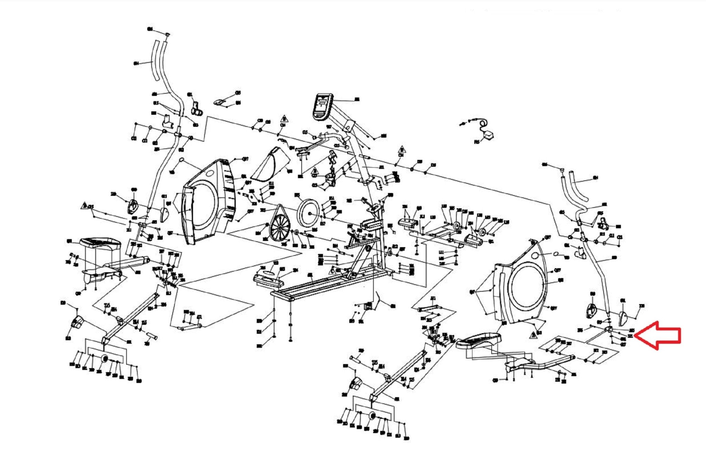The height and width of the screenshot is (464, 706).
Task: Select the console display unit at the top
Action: point(323,106)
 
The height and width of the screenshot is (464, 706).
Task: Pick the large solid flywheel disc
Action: point(308,214)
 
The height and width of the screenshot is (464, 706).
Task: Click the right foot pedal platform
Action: point(478,341)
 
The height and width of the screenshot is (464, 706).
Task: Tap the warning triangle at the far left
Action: point(84,206)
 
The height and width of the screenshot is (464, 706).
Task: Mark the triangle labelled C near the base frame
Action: point(333,270)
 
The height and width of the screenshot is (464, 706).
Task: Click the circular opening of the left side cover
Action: point(204,206)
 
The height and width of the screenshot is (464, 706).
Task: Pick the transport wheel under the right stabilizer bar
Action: point(372,416)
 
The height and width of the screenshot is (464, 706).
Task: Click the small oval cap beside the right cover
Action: point(556,254)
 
